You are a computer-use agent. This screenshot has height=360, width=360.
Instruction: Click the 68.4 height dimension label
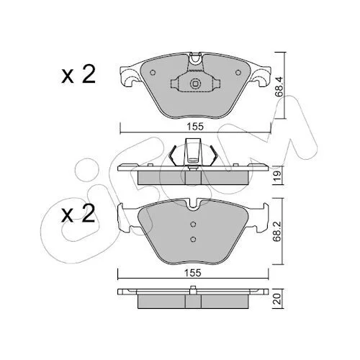(x=279, y=86)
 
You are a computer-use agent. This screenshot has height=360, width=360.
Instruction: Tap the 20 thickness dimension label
(x=279, y=300)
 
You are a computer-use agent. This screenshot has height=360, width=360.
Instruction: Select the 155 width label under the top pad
(x=195, y=127)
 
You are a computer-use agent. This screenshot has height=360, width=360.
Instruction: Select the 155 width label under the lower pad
(x=193, y=273)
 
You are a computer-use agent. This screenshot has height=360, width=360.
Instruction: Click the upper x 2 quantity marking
(x=78, y=73)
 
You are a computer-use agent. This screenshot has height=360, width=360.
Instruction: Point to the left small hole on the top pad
(x=153, y=73)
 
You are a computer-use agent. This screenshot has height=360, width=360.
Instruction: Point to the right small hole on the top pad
(x=238, y=73)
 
